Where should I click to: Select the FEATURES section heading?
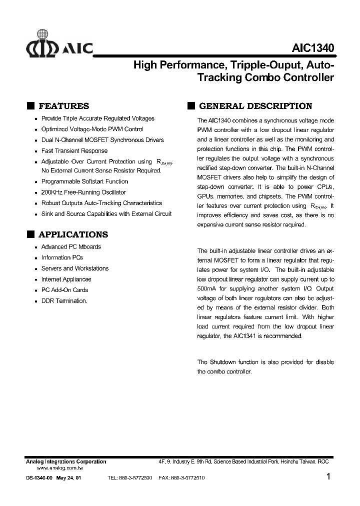63,106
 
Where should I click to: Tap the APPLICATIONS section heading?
73,234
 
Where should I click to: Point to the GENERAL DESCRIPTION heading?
255,106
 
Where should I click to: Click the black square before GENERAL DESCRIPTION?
190,106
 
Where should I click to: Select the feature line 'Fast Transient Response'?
74,151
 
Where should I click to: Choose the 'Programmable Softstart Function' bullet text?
84,181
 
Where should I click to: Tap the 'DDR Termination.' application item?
64,301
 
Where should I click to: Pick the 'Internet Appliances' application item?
66,279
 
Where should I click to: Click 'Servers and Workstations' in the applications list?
74,268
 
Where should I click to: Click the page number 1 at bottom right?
328,477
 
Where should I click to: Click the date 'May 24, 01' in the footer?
68,478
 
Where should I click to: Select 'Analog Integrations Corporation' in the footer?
65,461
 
